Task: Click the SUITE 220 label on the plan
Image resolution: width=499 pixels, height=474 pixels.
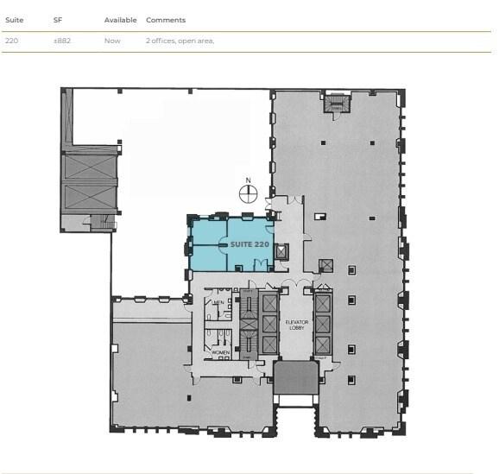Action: (x=249, y=245)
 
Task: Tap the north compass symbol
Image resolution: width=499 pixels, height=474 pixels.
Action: (x=248, y=194)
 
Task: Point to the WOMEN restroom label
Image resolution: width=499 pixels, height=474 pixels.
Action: (x=219, y=352)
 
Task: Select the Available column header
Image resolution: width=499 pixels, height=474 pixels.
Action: (x=120, y=20)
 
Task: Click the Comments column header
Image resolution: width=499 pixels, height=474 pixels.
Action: (x=166, y=20)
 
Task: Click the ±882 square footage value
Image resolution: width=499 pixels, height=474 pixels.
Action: (x=62, y=41)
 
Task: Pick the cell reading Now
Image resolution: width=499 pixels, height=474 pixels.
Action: (x=112, y=41)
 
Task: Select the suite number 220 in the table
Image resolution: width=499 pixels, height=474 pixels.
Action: (x=11, y=41)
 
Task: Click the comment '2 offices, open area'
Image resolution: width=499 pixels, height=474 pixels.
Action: (x=180, y=41)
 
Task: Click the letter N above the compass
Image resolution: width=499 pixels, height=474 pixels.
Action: (x=248, y=180)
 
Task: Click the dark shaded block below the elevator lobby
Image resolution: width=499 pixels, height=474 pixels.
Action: (x=297, y=379)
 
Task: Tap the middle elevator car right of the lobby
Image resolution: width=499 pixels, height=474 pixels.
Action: (x=324, y=325)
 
